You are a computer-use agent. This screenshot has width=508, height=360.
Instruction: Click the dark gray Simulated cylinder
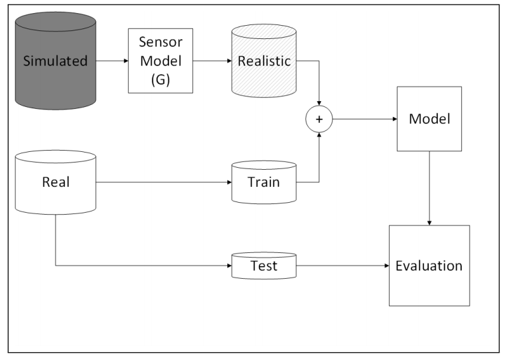pos(55,61)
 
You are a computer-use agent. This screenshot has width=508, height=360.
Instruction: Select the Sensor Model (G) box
pos(160,61)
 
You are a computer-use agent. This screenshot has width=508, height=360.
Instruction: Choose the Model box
pos(429,119)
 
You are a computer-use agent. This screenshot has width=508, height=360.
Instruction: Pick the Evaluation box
pos(429,266)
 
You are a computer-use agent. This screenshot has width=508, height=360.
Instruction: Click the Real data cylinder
pos(55,182)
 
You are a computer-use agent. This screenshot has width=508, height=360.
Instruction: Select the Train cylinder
pos(264,182)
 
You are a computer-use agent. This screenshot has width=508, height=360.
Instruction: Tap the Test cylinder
pos(264,266)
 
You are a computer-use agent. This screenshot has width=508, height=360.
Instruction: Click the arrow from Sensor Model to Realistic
pos(211,61)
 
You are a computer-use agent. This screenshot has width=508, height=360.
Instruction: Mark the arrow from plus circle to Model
pos(363,119)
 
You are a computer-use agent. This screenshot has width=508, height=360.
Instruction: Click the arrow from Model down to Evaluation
pos(430,188)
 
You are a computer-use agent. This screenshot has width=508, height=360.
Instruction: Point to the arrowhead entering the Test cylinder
pos(228,266)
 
